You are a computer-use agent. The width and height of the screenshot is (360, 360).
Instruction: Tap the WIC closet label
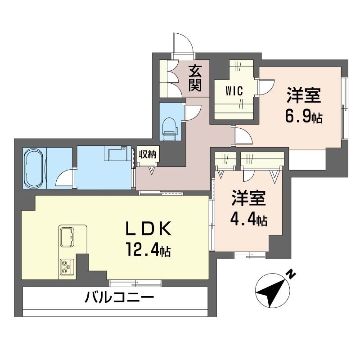(234, 91)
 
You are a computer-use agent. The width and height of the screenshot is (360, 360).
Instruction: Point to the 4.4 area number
(243, 220)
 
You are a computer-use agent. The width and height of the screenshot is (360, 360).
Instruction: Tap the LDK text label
(148, 229)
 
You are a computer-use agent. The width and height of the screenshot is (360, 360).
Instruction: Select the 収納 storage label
(147, 154)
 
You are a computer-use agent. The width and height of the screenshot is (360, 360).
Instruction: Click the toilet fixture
(170, 129)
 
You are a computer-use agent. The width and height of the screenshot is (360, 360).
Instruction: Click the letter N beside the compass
(292, 274)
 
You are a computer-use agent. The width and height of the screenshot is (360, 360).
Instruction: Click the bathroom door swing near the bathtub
(65, 177)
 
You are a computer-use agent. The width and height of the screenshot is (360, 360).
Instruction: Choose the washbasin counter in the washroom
(117, 153)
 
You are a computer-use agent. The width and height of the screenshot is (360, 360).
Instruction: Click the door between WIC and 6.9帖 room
(266, 87)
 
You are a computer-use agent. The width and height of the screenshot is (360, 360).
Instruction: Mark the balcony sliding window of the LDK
(135, 283)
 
